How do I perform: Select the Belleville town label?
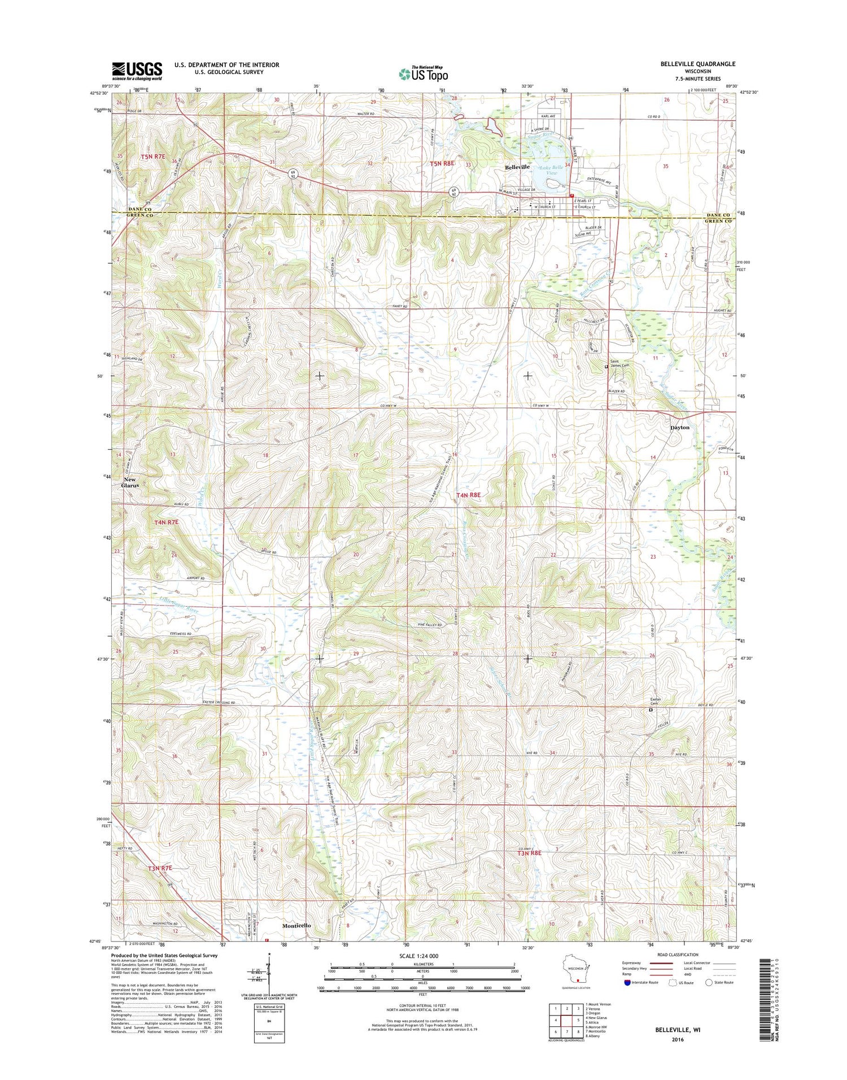pyautogui.click(x=517, y=167)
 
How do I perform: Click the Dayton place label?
pyautogui.click(x=680, y=428)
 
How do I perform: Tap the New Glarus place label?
pyautogui.click(x=130, y=482)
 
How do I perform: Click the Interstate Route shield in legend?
pyautogui.click(x=627, y=982)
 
